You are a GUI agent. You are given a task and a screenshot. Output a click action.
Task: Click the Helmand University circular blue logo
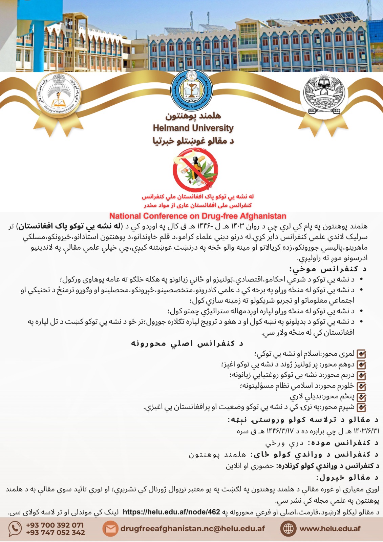(x=191, y=90)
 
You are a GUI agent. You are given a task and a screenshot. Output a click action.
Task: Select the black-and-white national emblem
(x=324, y=95)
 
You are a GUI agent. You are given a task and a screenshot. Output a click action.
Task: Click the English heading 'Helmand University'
(x=193, y=128)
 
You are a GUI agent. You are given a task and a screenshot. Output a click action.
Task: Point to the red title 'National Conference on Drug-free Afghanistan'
(x=198, y=216)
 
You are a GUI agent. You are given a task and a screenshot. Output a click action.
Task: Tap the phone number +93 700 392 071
(x=55, y=525)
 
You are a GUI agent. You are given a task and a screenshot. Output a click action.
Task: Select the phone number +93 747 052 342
(x=55, y=533)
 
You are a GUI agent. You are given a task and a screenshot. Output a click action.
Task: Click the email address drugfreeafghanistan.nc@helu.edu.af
(x=192, y=528)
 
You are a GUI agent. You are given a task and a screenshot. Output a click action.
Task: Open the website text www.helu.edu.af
(x=330, y=528)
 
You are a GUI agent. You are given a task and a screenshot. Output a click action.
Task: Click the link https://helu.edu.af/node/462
(x=171, y=512)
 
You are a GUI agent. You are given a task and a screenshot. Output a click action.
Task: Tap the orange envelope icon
(x=110, y=529)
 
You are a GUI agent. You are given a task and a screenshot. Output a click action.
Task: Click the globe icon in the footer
(x=288, y=529)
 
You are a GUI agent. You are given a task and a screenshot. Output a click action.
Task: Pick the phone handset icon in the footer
(x=15, y=529)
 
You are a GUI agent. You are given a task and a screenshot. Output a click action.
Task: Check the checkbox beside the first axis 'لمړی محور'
(x=362, y=354)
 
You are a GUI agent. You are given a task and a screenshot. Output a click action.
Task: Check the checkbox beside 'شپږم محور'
(x=362, y=408)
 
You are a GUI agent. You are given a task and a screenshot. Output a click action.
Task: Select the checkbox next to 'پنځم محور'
(x=362, y=397)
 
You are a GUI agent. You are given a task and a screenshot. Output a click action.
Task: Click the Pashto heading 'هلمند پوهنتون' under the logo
(x=193, y=116)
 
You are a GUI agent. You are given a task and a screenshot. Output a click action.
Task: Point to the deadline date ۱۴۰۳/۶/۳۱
(x=366, y=431)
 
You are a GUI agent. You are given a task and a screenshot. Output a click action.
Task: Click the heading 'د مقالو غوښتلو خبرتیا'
(x=193, y=141)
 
